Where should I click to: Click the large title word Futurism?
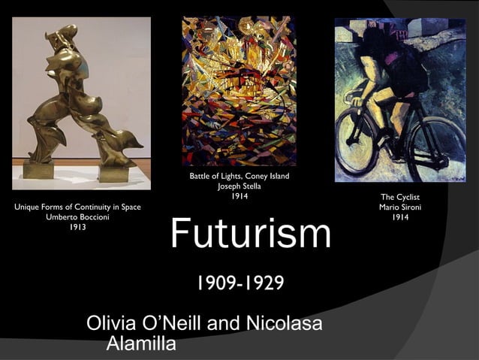pyautogui.click(x=250, y=234)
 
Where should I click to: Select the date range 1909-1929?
pyautogui.click(x=239, y=283)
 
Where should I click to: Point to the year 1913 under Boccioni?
pyautogui.click(x=77, y=227)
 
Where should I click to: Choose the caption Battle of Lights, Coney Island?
pyautogui.click(x=239, y=177)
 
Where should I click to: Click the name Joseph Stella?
pyautogui.click(x=239, y=186)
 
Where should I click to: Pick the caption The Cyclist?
pyautogui.click(x=399, y=197)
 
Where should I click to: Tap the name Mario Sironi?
pyautogui.click(x=399, y=207)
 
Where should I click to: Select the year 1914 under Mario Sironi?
pyautogui.click(x=399, y=217)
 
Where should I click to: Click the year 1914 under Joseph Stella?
pyautogui.click(x=239, y=196)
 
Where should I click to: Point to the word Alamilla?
pyautogui.click(x=141, y=344)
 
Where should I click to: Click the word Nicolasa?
pyautogui.click(x=283, y=325)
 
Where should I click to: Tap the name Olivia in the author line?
pyautogui.click(x=113, y=325)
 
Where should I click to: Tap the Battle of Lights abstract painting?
pyautogui.click(x=239, y=90)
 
